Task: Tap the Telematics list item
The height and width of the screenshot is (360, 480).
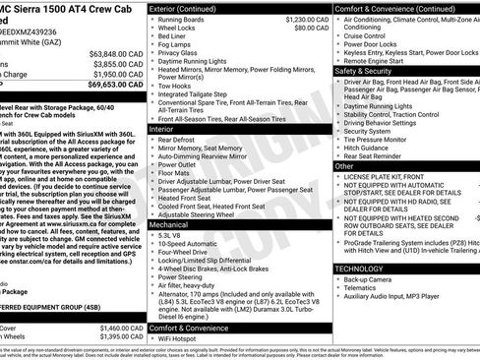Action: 363,288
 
